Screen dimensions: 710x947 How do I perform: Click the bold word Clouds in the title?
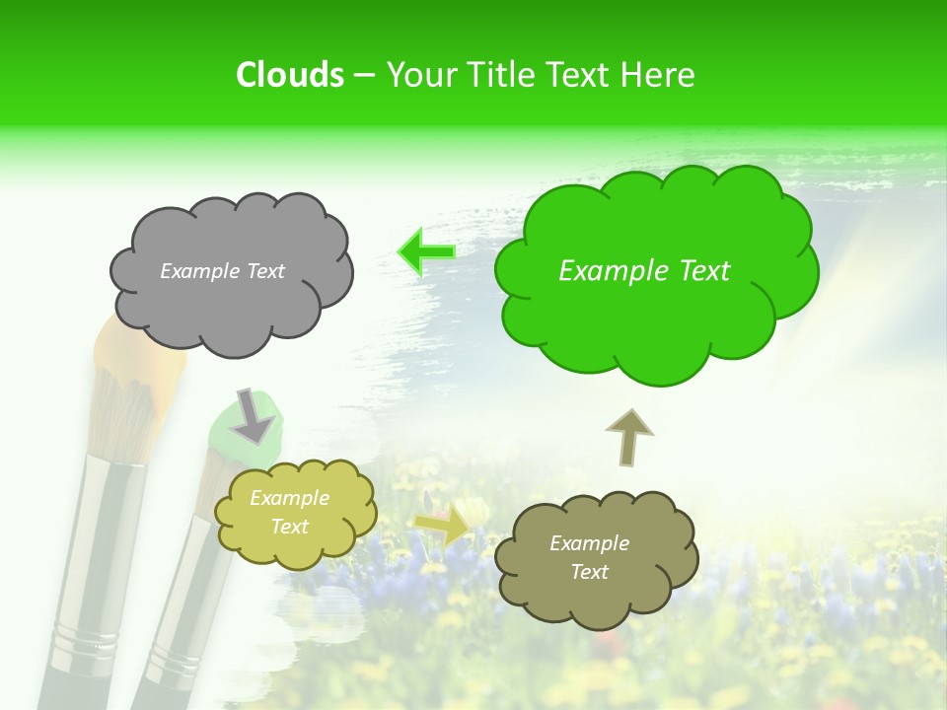[290, 75]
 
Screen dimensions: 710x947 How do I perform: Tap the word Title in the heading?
[499, 75]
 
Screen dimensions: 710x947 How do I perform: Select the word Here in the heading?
[659, 75]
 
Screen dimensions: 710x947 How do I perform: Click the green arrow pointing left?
[426, 251]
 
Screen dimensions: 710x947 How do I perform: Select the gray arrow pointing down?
[254, 415]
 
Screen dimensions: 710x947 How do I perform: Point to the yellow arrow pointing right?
[443, 526]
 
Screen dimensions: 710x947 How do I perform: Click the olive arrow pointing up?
[628, 437]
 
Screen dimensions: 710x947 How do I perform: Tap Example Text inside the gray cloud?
[222, 271]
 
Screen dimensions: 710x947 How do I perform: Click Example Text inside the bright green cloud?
[644, 271]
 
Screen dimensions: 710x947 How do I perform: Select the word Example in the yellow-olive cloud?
[290, 499]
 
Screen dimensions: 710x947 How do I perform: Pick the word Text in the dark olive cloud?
[590, 572]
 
